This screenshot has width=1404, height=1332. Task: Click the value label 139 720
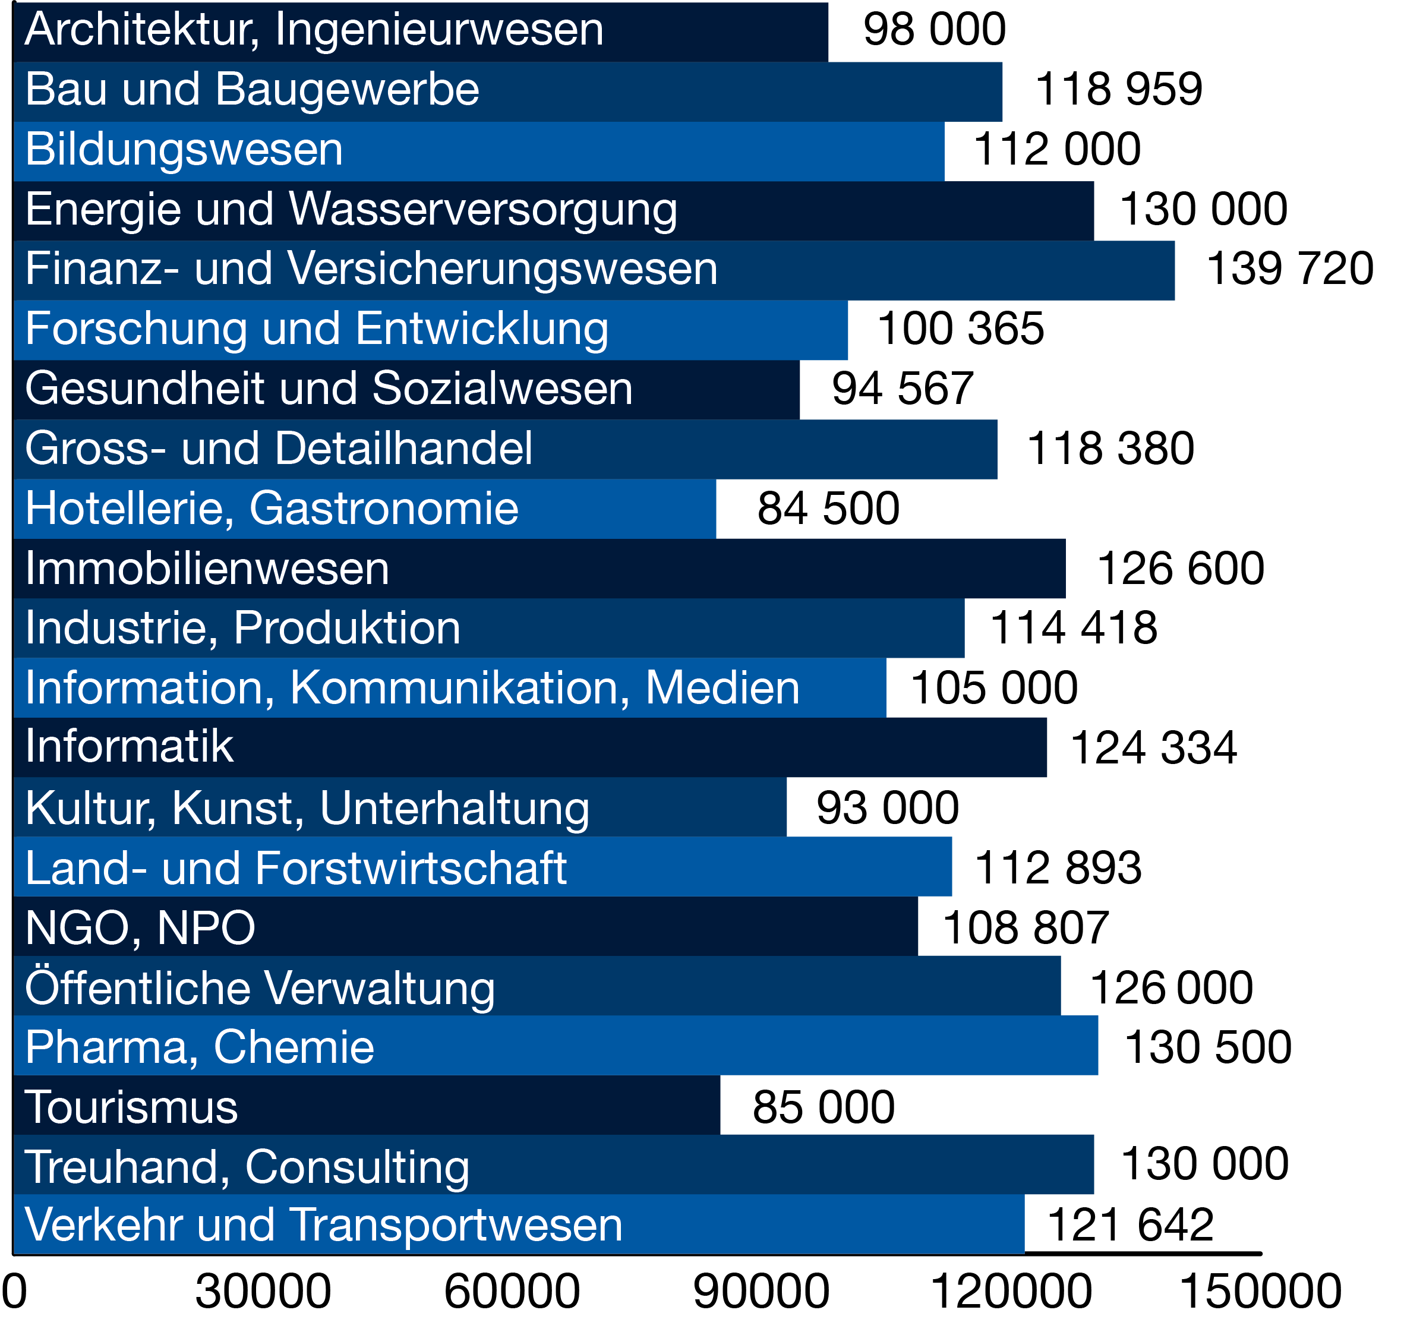click(x=1289, y=269)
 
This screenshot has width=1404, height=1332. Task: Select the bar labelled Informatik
click(x=529, y=747)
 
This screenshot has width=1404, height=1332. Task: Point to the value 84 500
click(x=828, y=509)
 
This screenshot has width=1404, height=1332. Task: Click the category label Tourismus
click(x=131, y=1107)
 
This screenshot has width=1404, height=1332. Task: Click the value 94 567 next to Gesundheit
click(x=902, y=389)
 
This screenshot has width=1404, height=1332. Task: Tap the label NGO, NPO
click(x=140, y=928)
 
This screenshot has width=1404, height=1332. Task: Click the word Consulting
click(x=357, y=1168)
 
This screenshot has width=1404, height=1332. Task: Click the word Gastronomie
click(x=383, y=509)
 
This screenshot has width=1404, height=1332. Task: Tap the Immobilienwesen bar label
click(x=207, y=569)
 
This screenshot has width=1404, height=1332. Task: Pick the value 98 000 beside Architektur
click(x=934, y=30)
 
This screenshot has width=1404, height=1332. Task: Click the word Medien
click(x=722, y=688)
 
